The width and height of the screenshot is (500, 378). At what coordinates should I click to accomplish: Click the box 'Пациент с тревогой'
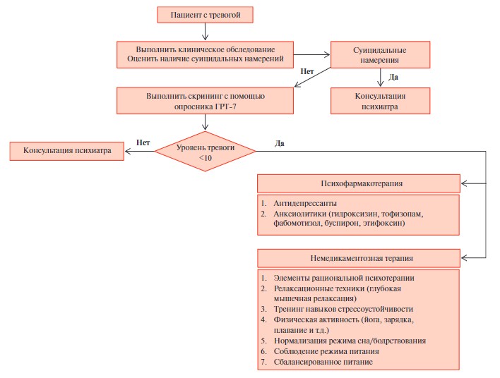205,15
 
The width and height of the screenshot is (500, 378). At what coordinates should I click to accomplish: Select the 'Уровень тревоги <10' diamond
205,151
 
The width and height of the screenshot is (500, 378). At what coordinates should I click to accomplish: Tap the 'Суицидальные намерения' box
380,54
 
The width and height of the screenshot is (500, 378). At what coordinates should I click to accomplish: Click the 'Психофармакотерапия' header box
359,183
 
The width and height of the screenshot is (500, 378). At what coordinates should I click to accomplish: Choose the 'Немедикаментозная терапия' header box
359,258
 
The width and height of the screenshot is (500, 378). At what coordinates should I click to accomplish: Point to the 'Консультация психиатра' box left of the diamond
66,151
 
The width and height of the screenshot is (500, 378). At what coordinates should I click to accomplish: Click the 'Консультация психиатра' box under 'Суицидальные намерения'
380,101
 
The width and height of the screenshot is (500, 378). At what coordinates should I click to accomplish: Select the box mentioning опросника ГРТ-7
205,101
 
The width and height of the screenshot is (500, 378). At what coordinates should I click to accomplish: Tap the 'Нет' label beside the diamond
143,142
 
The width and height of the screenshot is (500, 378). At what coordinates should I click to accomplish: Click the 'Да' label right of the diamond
280,144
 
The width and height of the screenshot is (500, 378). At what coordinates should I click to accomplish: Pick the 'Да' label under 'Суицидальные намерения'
393,77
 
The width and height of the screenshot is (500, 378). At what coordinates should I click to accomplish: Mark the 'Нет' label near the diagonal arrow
307,71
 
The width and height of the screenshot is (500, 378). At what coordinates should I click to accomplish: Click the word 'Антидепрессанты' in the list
305,204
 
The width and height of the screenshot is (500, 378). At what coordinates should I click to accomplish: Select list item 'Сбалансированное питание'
323,362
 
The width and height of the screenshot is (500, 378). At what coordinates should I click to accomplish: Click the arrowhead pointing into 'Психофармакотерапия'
464,183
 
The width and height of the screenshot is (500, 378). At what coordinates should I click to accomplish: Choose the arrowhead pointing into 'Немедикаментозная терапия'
464,258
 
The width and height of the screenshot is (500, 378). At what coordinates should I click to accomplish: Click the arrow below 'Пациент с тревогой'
205,32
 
